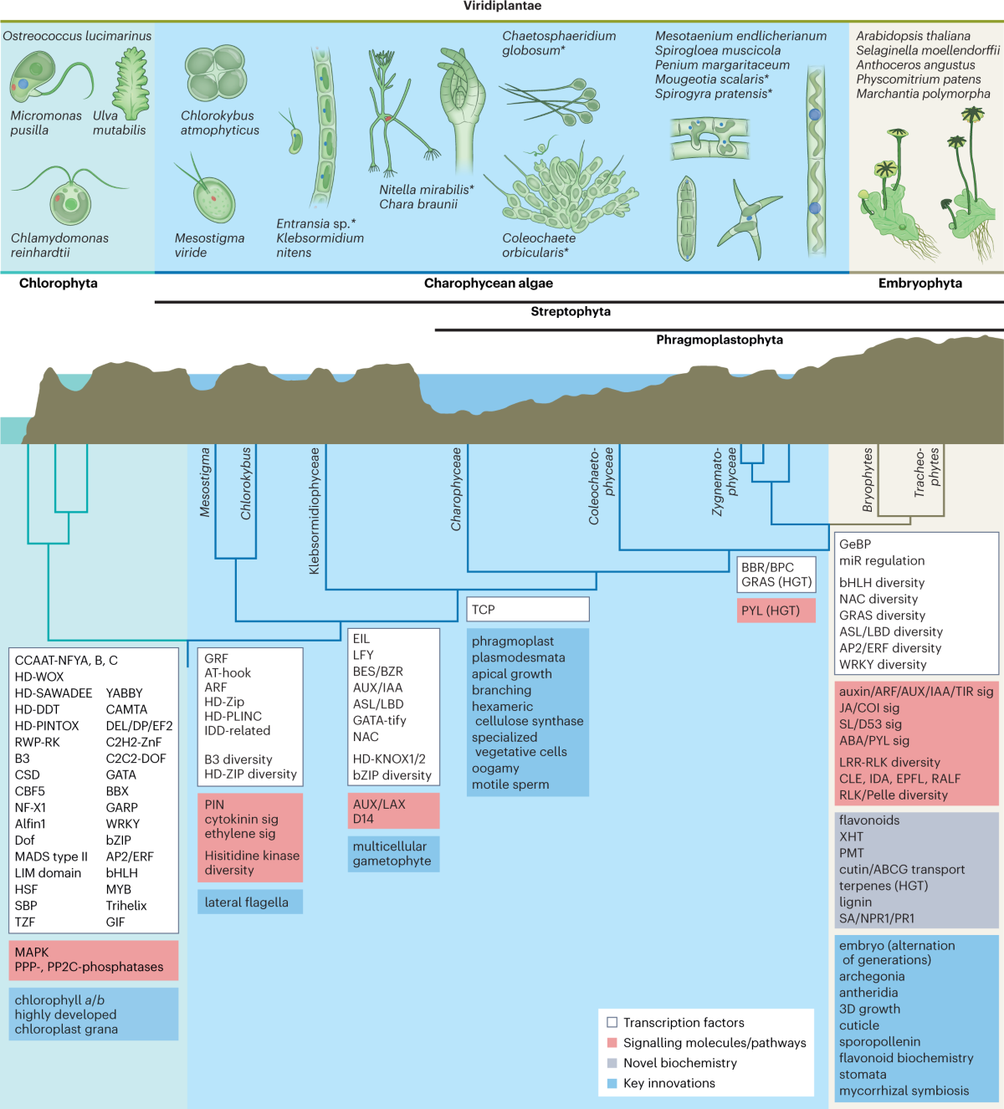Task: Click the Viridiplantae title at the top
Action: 502,6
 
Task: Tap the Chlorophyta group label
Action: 59,284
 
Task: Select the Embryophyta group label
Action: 919,284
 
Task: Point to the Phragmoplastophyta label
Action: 719,340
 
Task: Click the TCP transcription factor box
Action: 527,610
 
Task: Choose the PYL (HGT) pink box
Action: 776,611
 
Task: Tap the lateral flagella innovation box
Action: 249,902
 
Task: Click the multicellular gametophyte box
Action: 392,854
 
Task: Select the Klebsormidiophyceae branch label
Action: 315,511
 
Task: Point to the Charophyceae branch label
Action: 456,489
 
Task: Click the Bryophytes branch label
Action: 868,480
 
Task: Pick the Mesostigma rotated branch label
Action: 205,483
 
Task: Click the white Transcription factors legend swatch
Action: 612,1022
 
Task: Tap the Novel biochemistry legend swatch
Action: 612,1063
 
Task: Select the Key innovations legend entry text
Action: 668,1083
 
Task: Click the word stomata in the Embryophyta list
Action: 863,1075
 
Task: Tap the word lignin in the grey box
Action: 855,902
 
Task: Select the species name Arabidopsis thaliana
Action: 913,36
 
